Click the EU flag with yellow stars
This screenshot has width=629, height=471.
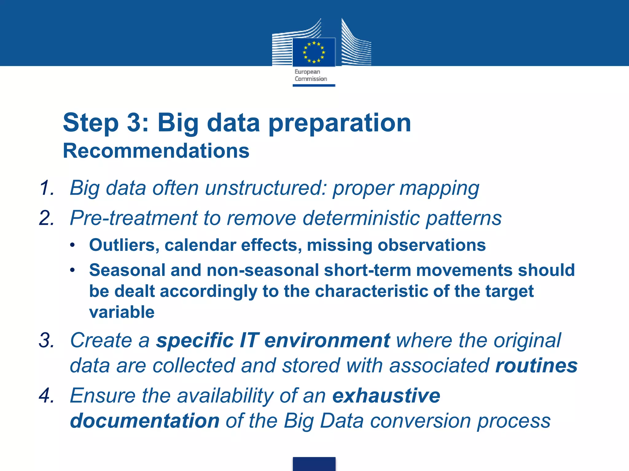314,52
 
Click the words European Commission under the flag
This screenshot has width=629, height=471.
311,75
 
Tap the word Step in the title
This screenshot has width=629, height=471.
91,123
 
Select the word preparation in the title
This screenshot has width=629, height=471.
340,123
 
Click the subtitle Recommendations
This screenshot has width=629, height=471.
156,151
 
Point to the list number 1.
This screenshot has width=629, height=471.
47,188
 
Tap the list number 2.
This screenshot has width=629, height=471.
47,218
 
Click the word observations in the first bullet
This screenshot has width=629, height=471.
432,245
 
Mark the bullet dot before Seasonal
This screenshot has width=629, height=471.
72,270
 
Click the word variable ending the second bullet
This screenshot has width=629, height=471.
122,312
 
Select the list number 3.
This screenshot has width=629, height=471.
47,340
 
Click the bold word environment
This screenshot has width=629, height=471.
327,340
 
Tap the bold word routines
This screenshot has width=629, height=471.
536,366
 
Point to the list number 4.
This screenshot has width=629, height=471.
47,396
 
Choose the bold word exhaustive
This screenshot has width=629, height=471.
386,396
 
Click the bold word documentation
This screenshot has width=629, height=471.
145,421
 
